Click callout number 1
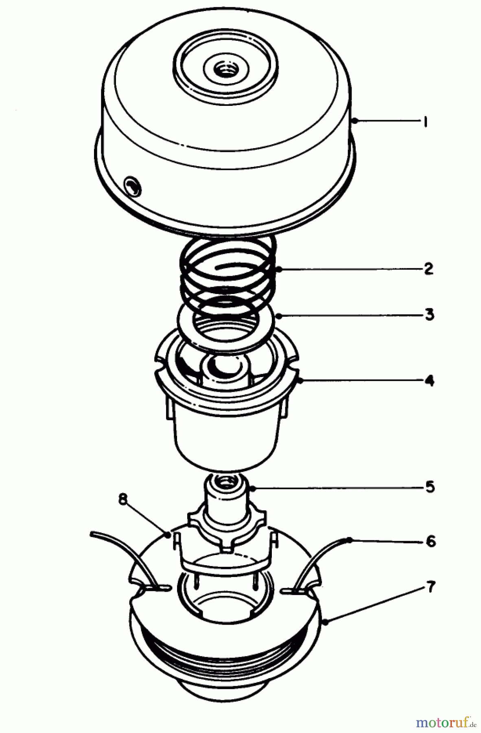coord(424,122)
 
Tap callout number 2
coord(428,269)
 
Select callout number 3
coord(429,315)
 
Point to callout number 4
coord(429,381)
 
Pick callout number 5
coord(430,487)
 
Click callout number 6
coord(431,541)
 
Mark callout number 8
coord(122,499)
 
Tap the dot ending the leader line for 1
coord(355,121)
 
